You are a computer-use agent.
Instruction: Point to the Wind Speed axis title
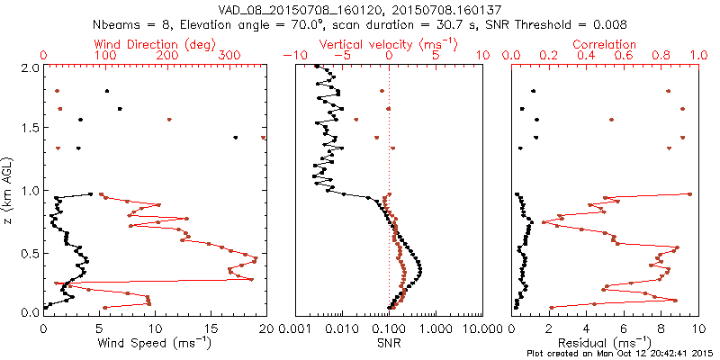(x=155, y=342)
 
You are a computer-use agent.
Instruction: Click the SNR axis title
(x=390, y=342)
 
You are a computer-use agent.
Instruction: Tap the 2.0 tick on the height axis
(x=30, y=67)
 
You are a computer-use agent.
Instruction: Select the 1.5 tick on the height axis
(x=30, y=129)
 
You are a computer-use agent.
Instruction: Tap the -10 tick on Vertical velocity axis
(x=292, y=56)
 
